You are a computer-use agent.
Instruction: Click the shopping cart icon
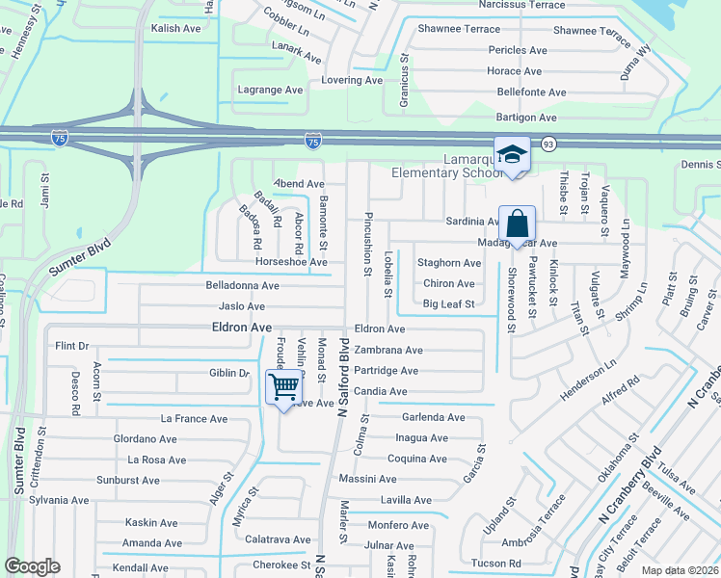click(283, 387)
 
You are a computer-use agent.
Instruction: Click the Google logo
click(32, 566)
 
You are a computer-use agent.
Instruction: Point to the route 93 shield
click(548, 144)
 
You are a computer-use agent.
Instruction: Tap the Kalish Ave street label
click(175, 29)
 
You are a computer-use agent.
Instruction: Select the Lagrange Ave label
click(270, 90)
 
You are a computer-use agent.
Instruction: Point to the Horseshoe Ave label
click(291, 262)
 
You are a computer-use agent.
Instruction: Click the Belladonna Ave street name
click(242, 286)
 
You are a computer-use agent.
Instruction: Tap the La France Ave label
click(194, 419)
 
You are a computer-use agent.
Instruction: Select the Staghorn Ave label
click(448, 263)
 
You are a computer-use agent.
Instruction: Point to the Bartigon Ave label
click(526, 118)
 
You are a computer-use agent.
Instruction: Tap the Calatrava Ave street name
click(278, 540)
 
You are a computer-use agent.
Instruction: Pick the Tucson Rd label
click(497, 564)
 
